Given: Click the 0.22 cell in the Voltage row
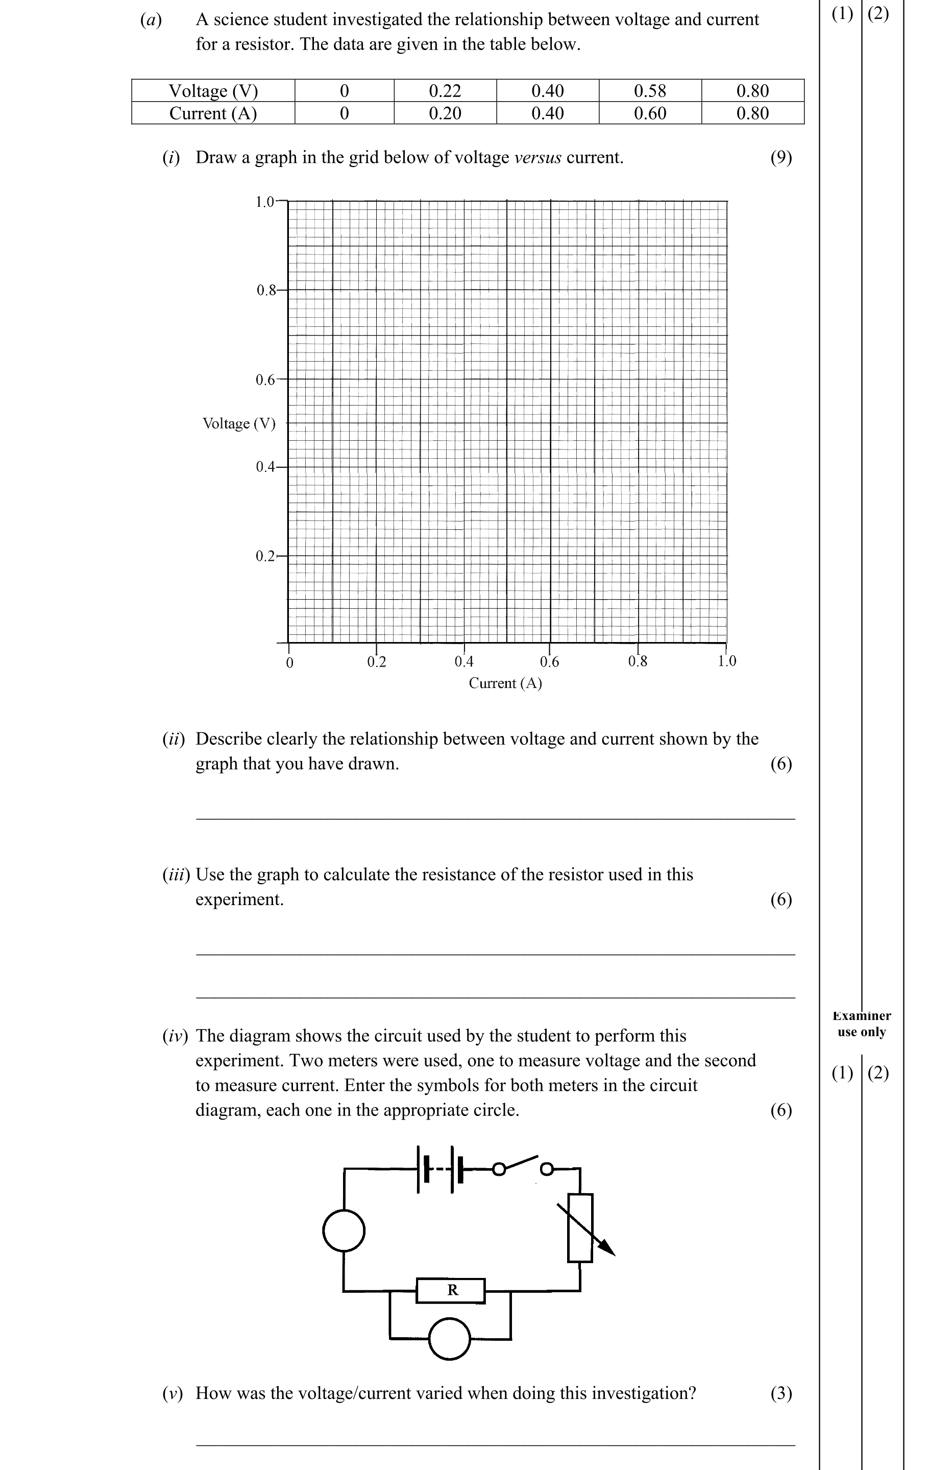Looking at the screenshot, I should [x=445, y=91].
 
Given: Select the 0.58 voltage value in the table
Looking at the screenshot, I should [x=650, y=91].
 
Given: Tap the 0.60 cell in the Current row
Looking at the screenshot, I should [x=650, y=113].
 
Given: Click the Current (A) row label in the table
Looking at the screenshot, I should [x=213, y=113].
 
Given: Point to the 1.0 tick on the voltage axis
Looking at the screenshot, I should [x=265, y=201].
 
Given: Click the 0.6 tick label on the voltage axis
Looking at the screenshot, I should [x=265, y=380].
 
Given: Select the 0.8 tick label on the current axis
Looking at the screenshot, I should [x=638, y=661].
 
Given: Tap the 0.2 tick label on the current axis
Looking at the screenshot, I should [x=376, y=661].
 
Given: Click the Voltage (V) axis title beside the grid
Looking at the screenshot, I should [x=238, y=423].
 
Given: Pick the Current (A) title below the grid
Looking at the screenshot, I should [x=505, y=683].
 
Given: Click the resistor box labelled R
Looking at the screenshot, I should [x=451, y=1290].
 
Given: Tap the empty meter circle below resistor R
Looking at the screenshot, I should [x=450, y=1339].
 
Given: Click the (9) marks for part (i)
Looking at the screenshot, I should [x=781, y=157].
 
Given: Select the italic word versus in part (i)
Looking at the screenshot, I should [x=538, y=157].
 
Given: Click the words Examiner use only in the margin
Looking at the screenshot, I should [x=862, y=1024].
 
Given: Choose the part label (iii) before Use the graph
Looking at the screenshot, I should [x=176, y=874].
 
